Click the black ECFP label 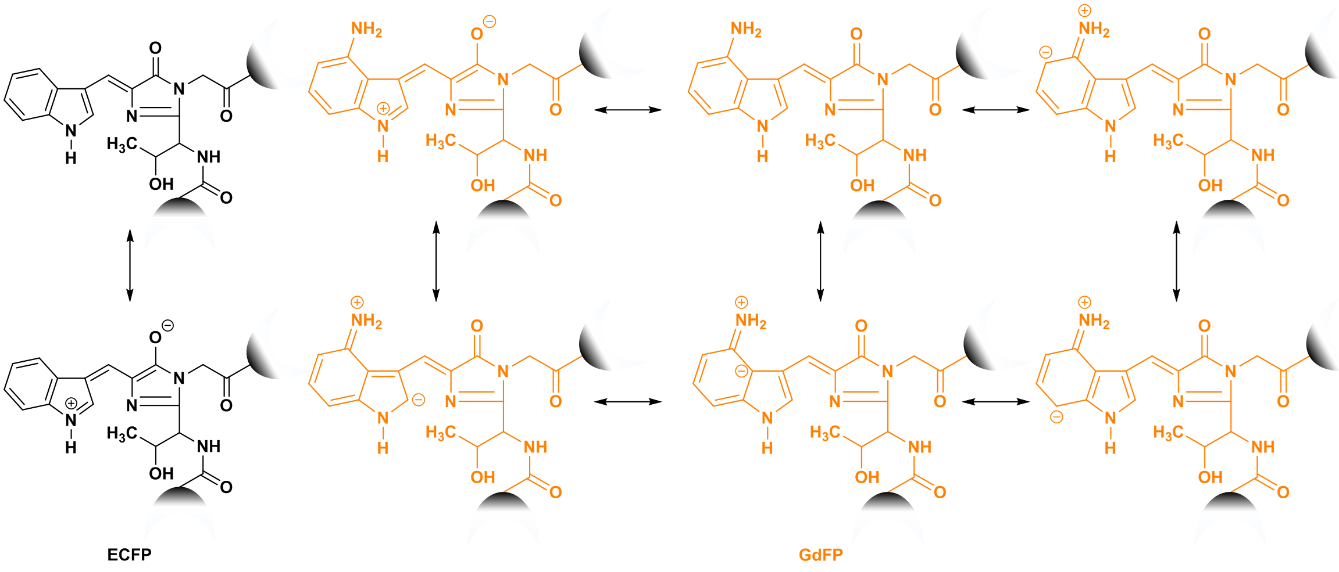coord(129,555)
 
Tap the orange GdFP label coord(820,555)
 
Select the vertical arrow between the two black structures coord(130,265)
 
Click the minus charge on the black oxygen coord(167,326)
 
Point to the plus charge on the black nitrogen coord(71,403)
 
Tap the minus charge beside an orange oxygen coord(490,22)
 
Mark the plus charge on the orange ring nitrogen coord(383,109)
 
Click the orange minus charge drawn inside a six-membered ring coord(741,371)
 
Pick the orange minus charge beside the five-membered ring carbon coord(419,400)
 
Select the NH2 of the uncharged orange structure coord(746,29)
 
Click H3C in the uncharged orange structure coord(820,141)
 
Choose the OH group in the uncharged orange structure coord(862,185)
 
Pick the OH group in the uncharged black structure coord(161,184)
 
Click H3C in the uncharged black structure coord(122,143)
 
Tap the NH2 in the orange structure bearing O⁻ coord(366,29)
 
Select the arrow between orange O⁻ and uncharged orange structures coord(628,109)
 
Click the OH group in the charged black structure coord(161,473)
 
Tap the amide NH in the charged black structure coord(208,446)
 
